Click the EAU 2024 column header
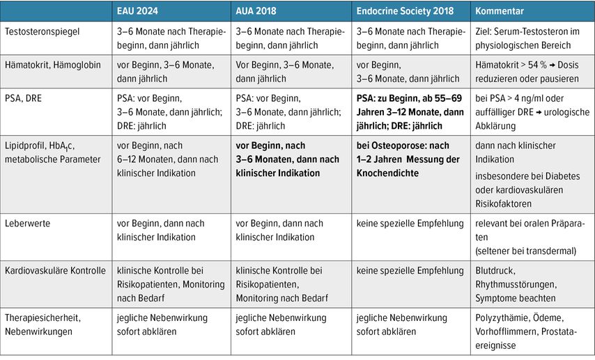click(x=141, y=12)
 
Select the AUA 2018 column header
click(x=261, y=12)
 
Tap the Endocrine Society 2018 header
click(x=404, y=12)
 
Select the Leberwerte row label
click(x=26, y=224)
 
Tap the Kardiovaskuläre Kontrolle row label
click(x=55, y=271)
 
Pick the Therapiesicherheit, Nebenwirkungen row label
click(x=43, y=324)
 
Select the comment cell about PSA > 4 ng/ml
click(x=532, y=112)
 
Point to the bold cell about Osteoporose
click(x=408, y=159)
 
